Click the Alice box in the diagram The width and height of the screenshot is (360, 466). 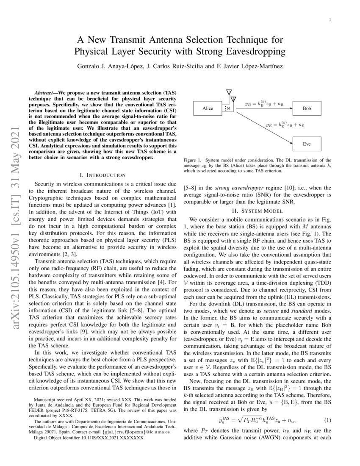click(x=208, y=109)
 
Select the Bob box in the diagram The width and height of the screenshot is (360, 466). click(x=307, y=109)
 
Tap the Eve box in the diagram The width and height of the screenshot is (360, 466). click(x=307, y=144)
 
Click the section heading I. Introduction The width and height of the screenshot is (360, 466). click(x=102, y=175)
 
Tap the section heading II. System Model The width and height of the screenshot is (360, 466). click(x=260, y=211)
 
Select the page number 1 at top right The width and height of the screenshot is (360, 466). click(x=330, y=19)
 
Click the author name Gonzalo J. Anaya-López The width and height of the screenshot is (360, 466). click(x=108, y=67)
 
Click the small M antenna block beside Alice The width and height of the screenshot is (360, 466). click(x=228, y=109)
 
